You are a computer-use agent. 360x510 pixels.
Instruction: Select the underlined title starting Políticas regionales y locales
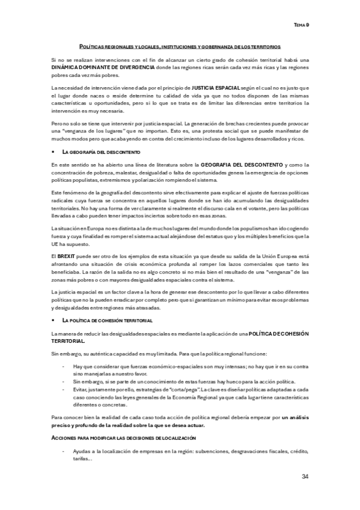click(180, 46)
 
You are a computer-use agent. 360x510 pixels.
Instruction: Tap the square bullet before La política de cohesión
click(53, 321)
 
